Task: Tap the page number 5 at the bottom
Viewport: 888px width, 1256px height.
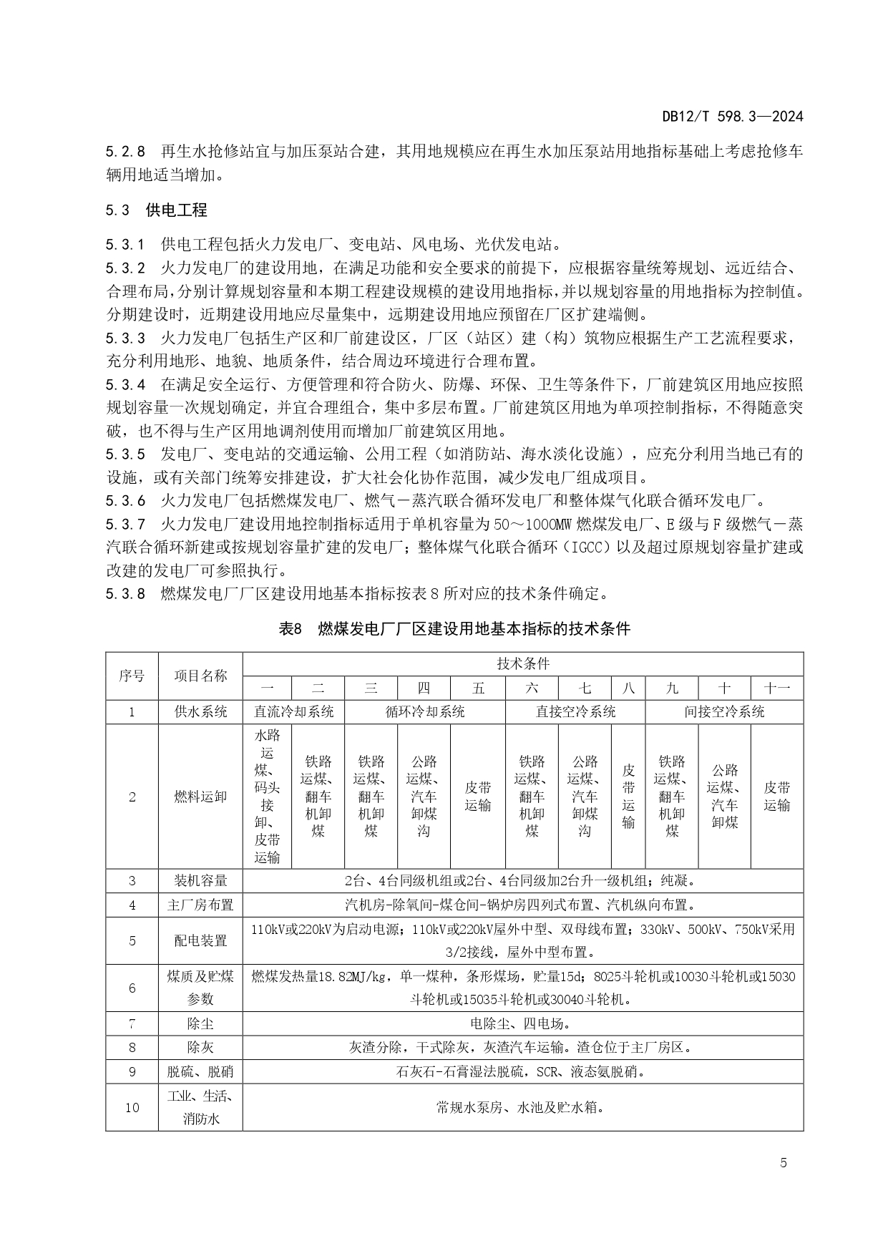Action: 784,1162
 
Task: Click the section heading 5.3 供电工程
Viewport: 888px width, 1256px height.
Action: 157,210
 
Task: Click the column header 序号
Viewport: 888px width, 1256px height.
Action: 132,676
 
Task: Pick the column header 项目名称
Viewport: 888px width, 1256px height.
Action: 200,676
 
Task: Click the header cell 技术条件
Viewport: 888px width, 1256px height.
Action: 523,663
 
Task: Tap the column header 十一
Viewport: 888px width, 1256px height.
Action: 776,688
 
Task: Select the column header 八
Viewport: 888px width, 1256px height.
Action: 628,688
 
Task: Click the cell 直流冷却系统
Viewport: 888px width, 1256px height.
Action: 293,711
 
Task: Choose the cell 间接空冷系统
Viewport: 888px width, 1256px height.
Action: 724,711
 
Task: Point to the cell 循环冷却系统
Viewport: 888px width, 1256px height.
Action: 425,711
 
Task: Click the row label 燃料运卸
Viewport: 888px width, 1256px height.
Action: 200,797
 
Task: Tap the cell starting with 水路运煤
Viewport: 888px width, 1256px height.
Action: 267,796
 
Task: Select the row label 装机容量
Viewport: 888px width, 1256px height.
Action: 200,880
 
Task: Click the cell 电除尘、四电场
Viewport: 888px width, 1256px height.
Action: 522,1023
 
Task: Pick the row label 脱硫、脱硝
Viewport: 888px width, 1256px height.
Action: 200,1071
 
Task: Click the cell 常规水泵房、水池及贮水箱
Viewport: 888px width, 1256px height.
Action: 522,1107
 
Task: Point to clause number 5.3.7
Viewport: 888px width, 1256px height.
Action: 125,525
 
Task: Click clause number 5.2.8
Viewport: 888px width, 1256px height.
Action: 125,151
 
